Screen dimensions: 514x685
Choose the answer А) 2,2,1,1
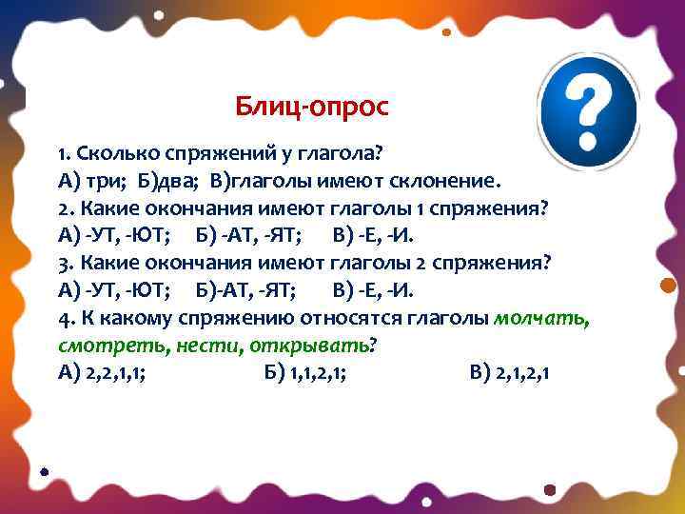pyautogui.click(x=101, y=373)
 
